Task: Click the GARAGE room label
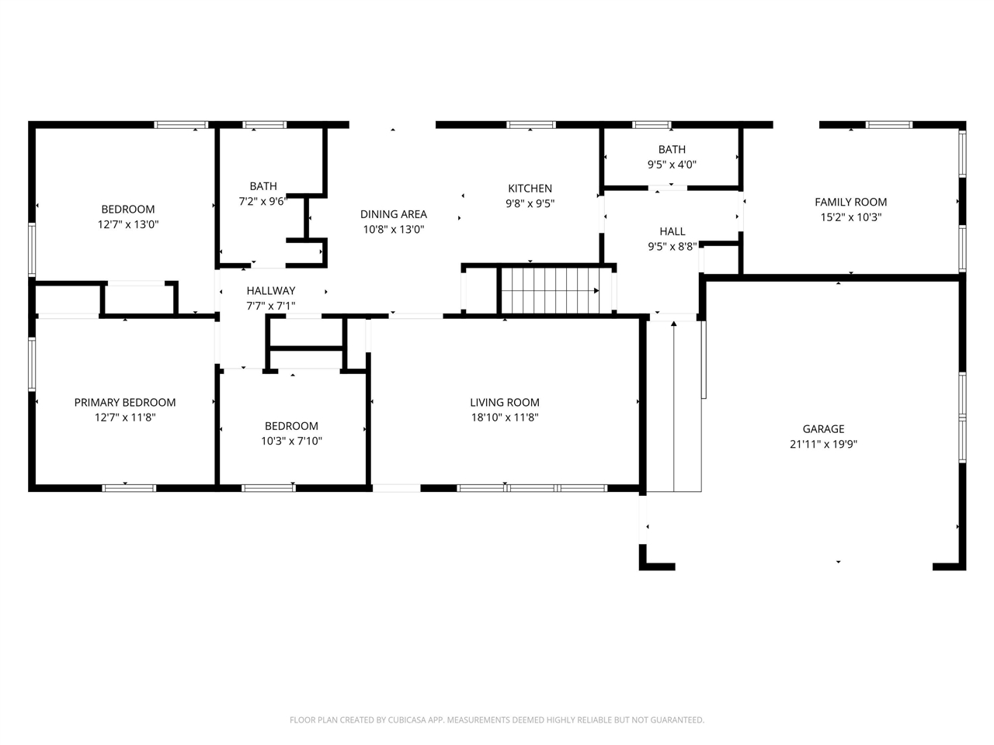click(x=823, y=429)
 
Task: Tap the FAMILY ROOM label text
click(x=850, y=202)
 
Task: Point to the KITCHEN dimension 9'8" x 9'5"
click(x=530, y=204)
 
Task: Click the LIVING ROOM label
click(x=504, y=402)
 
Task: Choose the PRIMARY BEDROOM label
click(x=125, y=402)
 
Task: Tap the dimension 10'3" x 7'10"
click(x=291, y=442)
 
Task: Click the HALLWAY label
click(x=271, y=291)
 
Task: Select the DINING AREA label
click(x=393, y=214)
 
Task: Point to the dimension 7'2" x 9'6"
click(x=262, y=202)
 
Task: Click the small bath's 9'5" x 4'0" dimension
click(x=672, y=165)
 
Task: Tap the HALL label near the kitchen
click(x=672, y=231)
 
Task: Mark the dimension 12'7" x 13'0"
click(x=128, y=224)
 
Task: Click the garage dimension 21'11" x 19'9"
click(x=823, y=445)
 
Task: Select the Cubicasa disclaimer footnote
click(x=497, y=720)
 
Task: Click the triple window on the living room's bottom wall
click(x=531, y=488)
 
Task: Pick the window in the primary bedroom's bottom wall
click(x=129, y=488)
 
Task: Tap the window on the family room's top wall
click(x=888, y=124)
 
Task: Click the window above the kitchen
click(x=531, y=124)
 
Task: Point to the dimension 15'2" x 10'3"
click(x=850, y=217)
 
